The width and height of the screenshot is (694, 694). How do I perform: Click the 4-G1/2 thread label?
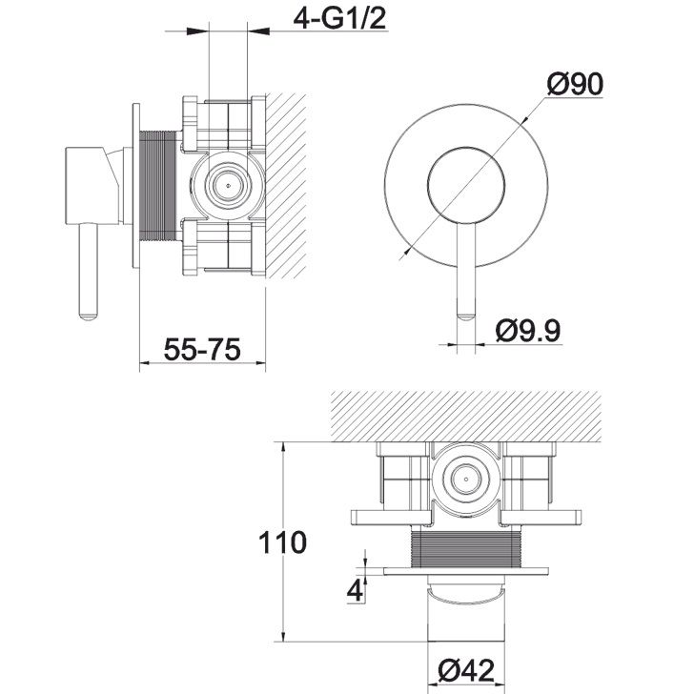point(340,18)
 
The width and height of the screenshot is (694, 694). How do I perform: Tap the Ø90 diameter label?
point(575,84)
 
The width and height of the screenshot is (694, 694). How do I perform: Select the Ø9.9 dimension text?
point(528,331)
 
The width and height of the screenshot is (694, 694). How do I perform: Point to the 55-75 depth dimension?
point(202,349)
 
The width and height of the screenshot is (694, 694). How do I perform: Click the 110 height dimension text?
point(282,542)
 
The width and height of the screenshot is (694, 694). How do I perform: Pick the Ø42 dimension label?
point(466,670)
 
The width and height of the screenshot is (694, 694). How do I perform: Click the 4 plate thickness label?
point(355,590)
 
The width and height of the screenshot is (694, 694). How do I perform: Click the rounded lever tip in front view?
point(466,316)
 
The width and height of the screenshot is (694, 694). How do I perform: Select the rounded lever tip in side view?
point(88,316)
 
